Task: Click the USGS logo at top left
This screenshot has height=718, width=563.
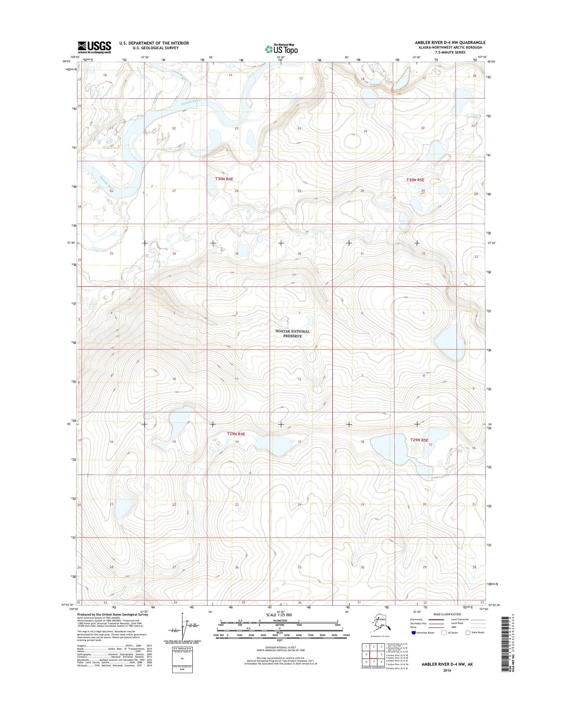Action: (x=94, y=47)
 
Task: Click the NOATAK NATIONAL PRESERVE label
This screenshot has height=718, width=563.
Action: (x=292, y=334)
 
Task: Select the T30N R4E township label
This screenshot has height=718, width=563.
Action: (x=224, y=179)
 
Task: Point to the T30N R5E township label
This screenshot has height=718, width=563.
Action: (x=415, y=180)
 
